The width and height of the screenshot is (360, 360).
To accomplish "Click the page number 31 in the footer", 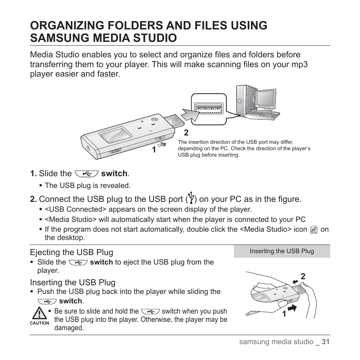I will pos(326,342).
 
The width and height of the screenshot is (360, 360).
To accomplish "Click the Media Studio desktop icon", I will pos(314,229).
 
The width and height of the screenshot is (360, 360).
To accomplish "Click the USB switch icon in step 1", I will pos(86,174).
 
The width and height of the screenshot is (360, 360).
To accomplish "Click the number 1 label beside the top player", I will pos(154,150).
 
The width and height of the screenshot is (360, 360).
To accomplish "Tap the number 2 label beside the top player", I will pos(186,133).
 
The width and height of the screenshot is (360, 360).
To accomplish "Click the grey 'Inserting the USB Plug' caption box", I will pos(282,251).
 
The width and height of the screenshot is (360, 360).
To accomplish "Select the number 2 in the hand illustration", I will pos(303,277).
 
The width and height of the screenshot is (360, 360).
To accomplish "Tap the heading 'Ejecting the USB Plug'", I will pos(72,252).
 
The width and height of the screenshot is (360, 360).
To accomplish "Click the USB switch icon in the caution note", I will pos(150,311).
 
